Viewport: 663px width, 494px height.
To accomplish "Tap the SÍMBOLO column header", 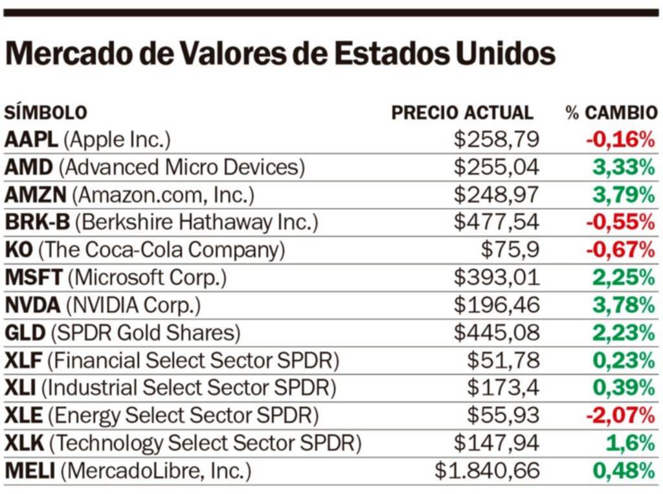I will (45, 113).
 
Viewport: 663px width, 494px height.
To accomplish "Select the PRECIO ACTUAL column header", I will (462, 113).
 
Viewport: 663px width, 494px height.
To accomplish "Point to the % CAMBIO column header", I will (611, 113).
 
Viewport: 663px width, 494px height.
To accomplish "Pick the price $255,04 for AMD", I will (496, 168).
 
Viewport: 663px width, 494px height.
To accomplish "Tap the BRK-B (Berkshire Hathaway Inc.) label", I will (161, 223).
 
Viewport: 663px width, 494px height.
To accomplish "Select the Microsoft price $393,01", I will (496, 278).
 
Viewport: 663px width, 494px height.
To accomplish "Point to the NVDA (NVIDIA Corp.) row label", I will (103, 305).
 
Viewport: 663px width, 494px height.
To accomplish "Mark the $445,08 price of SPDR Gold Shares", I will (496, 333).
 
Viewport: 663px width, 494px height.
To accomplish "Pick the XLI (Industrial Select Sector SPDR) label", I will (171, 388).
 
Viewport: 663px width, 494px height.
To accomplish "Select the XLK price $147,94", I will (496, 443).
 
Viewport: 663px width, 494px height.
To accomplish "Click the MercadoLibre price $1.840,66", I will (487, 471).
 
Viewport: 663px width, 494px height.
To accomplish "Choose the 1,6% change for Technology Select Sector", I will (631, 443).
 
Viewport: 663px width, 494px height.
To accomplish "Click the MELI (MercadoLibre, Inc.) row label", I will (128, 471).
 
